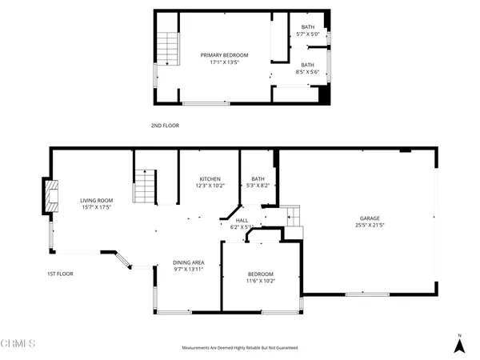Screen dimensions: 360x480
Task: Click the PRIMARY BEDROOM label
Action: pos(224,55)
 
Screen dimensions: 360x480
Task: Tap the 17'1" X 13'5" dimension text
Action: pos(224,62)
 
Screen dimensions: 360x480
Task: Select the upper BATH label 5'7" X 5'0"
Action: pos(308,29)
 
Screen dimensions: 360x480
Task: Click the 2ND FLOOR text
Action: pos(164,126)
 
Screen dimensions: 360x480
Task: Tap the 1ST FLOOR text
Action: pos(60,274)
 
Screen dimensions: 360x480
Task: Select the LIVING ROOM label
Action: pos(96,201)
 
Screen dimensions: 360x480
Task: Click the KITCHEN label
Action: pos(210,179)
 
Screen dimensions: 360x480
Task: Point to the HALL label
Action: pos(242,221)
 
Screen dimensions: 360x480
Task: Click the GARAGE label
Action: pos(369,218)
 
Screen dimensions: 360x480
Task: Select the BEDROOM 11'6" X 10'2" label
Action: pos(260,274)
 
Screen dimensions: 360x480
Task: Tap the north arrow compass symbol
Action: pos(459,344)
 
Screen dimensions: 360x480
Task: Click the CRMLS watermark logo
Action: pos(18,345)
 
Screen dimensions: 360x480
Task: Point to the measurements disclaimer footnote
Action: pos(240,349)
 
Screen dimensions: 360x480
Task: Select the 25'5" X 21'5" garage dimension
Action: pos(369,225)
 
